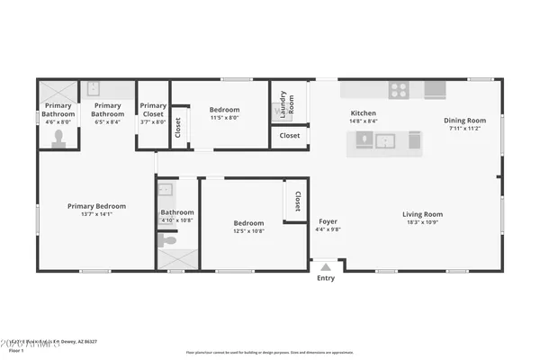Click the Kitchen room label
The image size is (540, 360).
[364, 113]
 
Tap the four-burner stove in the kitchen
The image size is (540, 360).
[398, 89]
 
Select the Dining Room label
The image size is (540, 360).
[464, 121]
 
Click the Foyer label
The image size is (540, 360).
[328, 221]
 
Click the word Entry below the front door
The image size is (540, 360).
[326, 277]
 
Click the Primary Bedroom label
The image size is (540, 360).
[97, 206]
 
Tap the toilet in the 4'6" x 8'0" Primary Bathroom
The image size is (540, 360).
[59, 138]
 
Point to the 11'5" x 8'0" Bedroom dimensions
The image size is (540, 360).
[224, 118]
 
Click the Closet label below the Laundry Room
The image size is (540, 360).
[290, 136]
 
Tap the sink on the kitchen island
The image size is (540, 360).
[387, 140]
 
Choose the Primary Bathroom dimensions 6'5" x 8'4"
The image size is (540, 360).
[108, 122]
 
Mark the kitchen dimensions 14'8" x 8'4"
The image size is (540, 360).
[364, 121]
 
